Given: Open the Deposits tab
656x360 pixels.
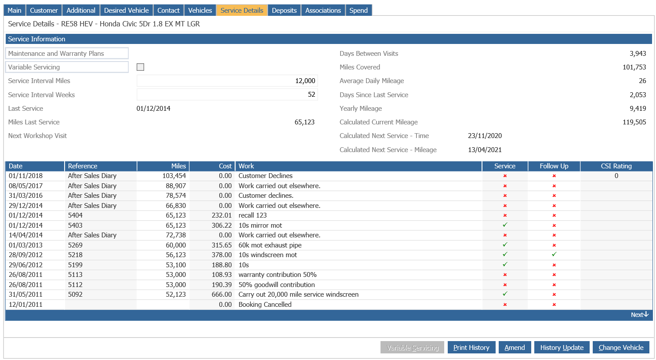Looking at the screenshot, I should [284, 10].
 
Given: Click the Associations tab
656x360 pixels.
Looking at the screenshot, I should [323, 10].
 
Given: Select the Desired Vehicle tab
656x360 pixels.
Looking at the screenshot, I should [126, 10].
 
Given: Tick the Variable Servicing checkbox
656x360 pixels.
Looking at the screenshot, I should [141, 67].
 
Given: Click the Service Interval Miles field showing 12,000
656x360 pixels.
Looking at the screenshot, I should [227, 81].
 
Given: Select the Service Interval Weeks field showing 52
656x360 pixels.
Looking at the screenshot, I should [227, 95].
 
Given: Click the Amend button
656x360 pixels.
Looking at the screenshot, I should [515, 347].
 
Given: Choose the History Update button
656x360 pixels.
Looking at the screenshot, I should [562, 347].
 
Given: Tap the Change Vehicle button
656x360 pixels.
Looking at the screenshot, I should [620, 347].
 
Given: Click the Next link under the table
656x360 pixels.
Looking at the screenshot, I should [639, 315].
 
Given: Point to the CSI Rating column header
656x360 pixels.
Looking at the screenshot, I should [616, 166].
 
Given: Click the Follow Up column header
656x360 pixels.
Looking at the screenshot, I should [554, 166].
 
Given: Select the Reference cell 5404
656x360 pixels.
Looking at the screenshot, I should [76, 215].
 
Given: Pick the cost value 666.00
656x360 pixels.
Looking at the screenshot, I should [221, 295].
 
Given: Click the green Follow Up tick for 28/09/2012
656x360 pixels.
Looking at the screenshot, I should [554, 255].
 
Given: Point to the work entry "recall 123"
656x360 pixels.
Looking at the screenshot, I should [253, 215].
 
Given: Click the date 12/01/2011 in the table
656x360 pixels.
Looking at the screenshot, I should [25, 305].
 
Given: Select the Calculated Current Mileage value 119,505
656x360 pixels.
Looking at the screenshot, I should [634, 122].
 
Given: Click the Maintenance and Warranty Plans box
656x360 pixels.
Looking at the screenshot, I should [67, 54].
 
